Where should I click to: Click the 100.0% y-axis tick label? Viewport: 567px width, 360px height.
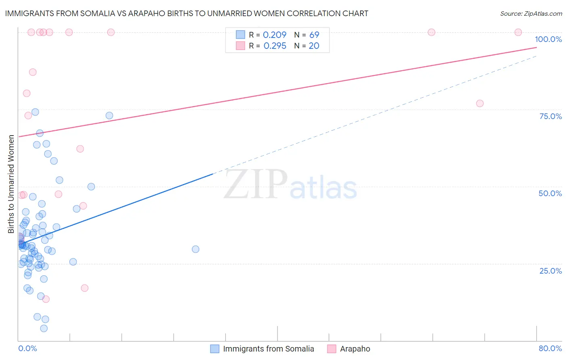click(x=548, y=39)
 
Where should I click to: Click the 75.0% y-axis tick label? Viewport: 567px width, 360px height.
click(x=550, y=116)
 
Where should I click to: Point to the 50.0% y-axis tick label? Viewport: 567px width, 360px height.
click(x=550, y=193)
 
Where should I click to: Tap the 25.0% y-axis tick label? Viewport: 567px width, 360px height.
click(x=550, y=270)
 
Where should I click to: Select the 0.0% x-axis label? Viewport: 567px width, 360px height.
click(x=27, y=348)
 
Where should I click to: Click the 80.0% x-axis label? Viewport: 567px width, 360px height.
click(x=550, y=348)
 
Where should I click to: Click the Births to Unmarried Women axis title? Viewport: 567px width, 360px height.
click(x=11, y=184)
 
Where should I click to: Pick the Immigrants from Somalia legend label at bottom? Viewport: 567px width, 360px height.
click(x=268, y=349)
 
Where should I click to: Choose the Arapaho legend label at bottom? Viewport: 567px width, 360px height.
click(x=355, y=349)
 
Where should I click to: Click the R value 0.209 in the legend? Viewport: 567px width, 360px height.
click(x=274, y=35)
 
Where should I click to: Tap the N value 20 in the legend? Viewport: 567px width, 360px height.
click(x=314, y=46)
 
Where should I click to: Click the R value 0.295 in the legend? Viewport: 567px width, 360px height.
click(x=275, y=46)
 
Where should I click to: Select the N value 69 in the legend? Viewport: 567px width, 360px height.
click(x=314, y=35)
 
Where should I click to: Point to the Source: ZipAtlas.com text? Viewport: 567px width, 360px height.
click(x=531, y=13)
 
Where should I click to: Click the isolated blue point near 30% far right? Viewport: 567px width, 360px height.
click(x=196, y=249)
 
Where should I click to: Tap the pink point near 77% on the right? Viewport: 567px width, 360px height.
click(x=479, y=103)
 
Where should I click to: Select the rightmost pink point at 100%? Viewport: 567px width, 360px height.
click(x=518, y=32)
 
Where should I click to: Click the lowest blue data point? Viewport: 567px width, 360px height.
click(x=44, y=328)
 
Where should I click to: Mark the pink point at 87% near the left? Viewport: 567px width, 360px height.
click(x=33, y=72)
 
